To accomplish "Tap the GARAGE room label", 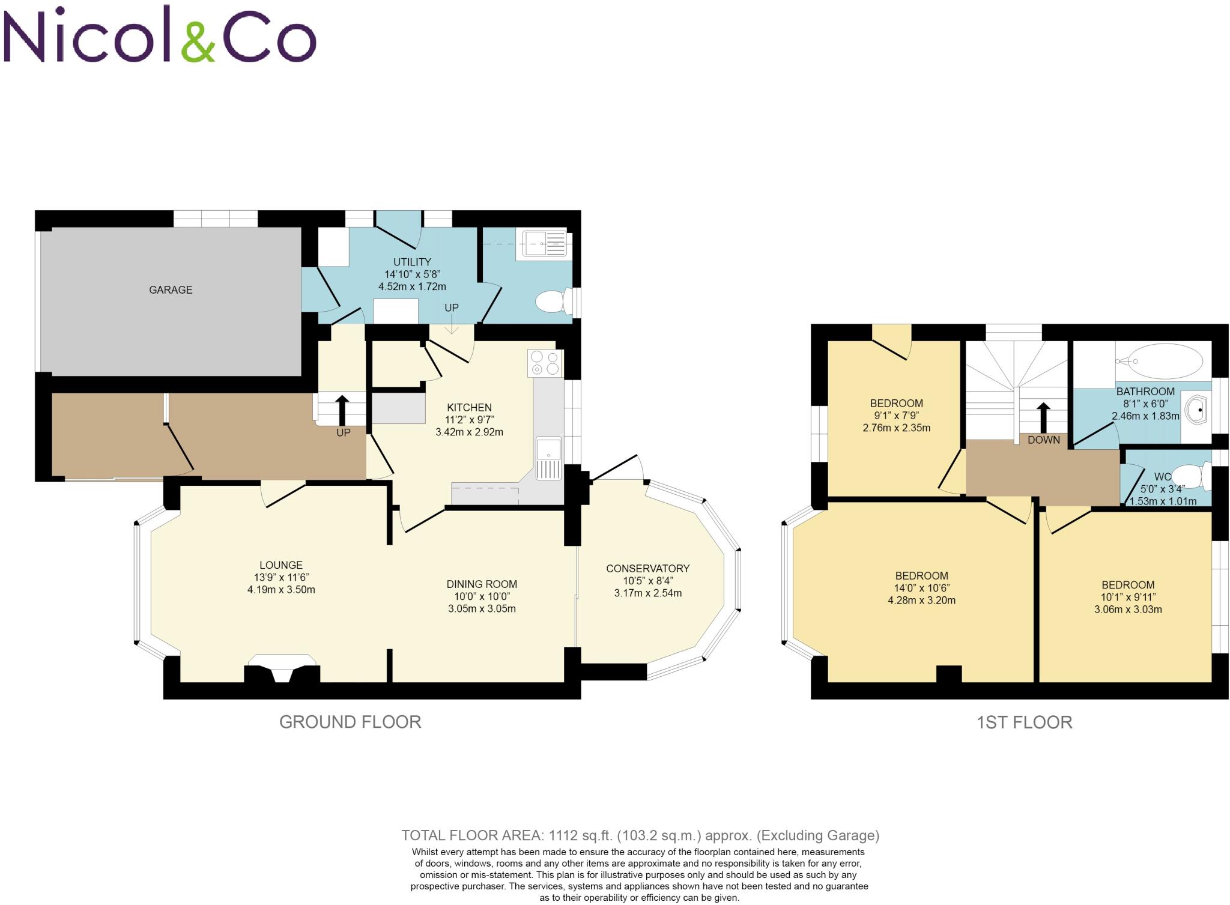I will (171, 290).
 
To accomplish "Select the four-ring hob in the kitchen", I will (545, 363).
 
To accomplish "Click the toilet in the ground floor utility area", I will (551, 302).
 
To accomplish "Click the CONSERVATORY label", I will (647, 568).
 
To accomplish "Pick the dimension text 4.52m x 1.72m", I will (412, 287).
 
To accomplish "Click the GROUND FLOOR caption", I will (350, 722).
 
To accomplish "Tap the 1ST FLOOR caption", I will (1024, 722).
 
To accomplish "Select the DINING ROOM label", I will (482, 584).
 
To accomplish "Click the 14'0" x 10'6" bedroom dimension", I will (921, 588).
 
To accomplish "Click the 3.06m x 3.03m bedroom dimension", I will (1127, 610).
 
